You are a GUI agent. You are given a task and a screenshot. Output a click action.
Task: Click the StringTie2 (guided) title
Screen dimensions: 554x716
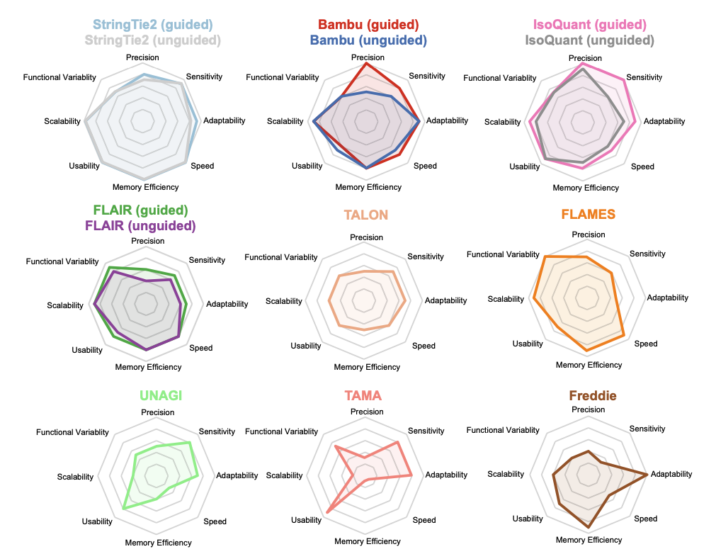click(152, 26)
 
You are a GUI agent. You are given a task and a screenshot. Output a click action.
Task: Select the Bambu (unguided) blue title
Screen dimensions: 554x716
click(368, 40)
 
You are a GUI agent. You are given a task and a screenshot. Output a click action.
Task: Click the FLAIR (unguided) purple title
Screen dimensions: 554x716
click(140, 226)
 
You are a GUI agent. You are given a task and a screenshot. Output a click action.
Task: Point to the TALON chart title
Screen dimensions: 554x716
click(366, 215)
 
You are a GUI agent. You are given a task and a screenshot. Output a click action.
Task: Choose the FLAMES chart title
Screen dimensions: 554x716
click(589, 214)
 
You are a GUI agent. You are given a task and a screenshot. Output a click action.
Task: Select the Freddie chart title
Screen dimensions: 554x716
click(593, 395)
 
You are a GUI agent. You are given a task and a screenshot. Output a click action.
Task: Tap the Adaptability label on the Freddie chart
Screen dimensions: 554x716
click(671, 474)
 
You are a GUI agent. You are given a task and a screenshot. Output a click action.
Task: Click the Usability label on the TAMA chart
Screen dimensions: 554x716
click(306, 520)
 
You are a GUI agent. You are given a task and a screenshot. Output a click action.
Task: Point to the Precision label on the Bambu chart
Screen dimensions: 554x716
click(368, 57)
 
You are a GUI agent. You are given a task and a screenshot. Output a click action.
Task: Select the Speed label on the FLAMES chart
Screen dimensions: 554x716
click(646, 344)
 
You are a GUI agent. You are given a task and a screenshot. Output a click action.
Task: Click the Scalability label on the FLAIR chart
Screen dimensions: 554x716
click(65, 305)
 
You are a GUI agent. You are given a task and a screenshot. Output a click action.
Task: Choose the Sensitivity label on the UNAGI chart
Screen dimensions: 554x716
click(217, 431)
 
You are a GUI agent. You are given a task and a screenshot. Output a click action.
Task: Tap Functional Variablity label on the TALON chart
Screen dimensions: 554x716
click(281, 257)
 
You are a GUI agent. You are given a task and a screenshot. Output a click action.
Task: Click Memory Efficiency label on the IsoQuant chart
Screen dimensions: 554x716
click(586, 188)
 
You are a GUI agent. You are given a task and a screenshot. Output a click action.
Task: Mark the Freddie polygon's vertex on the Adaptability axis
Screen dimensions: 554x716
click(647, 473)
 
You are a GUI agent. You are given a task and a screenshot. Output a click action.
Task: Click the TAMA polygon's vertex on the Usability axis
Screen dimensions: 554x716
click(328, 511)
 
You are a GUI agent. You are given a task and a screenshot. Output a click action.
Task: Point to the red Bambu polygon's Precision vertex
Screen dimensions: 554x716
click(365, 64)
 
